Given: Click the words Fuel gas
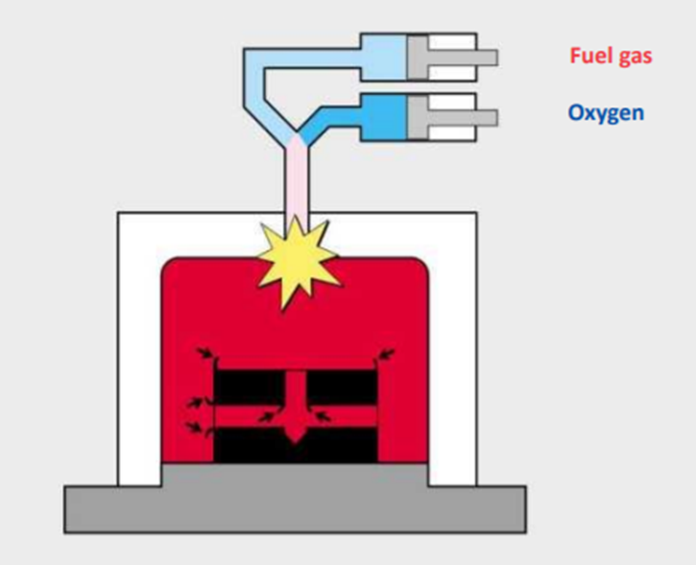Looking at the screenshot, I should point(611,56).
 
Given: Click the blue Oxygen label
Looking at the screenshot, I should point(605,113).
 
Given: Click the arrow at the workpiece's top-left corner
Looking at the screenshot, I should point(204,356).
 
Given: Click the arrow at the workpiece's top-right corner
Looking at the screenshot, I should point(385,356).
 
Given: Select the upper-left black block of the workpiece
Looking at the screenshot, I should point(249,386).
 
